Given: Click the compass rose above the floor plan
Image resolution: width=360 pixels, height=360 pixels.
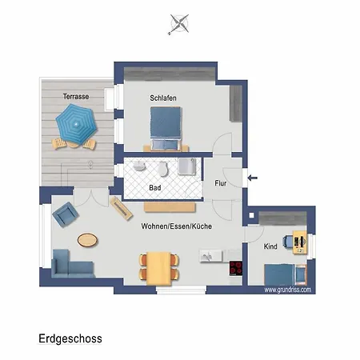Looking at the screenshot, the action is pyautogui.click(x=179, y=24).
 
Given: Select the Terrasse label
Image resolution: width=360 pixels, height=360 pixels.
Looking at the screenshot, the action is pyautogui.click(x=76, y=96).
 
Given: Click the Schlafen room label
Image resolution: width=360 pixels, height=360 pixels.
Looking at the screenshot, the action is pyautogui.click(x=163, y=98).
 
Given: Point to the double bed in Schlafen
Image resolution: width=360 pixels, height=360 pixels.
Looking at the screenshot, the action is pyautogui.click(x=166, y=129).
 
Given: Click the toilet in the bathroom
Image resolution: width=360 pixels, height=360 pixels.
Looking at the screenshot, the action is pyautogui.click(x=163, y=169).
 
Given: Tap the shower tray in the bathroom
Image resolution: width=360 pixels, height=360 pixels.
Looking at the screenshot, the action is pyautogui.click(x=187, y=166).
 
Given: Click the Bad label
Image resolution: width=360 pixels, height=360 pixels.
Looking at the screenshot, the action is pyautogui.click(x=155, y=188).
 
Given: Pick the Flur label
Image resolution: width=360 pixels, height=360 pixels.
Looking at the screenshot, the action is pyautogui.click(x=221, y=183).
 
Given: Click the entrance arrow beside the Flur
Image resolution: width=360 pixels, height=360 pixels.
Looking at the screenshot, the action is pyautogui.click(x=252, y=178).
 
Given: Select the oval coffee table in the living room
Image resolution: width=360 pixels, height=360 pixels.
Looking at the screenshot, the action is pyautogui.click(x=87, y=240).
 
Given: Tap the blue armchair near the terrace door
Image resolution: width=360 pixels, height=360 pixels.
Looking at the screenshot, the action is pyautogui.click(x=66, y=214).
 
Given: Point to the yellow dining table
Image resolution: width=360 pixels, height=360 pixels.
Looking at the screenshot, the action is pyautogui.click(x=158, y=268).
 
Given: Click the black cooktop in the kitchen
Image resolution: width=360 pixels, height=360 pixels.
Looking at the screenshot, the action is pyautogui.click(x=236, y=268).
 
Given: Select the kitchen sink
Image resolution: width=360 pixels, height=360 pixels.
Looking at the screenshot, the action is pyautogui.click(x=210, y=256).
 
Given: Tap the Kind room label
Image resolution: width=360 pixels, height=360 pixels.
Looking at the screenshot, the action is pyautogui.click(x=270, y=246).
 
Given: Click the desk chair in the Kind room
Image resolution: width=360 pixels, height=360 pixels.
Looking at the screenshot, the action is pyautogui.click(x=288, y=242).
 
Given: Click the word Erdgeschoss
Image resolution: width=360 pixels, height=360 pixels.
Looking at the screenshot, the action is pyautogui.click(x=70, y=339).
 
